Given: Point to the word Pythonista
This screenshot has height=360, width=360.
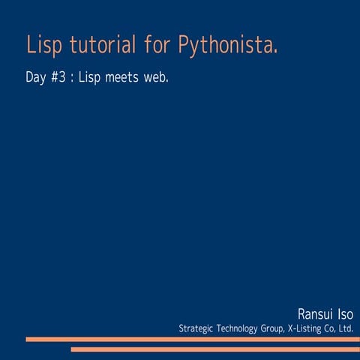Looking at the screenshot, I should [x=229, y=46].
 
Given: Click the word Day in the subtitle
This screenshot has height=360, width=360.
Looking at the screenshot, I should [x=35, y=77].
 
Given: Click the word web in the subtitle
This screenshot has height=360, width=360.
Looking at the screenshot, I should [x=157, y=77].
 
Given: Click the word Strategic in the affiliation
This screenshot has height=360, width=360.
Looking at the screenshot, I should [x=196, y=328].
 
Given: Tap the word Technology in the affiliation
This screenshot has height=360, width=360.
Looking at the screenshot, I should [x=240, y=328].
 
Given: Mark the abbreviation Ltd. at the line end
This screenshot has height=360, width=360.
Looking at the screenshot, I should [x=346, y=328].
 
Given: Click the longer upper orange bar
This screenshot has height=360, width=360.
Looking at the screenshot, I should [x=187, y=339].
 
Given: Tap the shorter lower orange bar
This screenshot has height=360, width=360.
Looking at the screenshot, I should [x=214, y=349].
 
